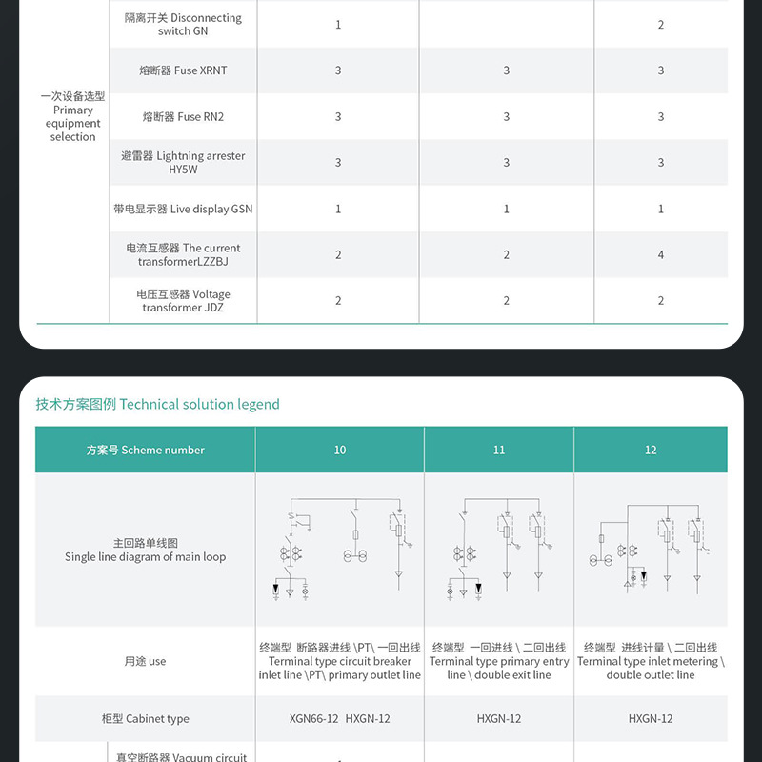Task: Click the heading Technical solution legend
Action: pyautogui.click(x=158, y=404)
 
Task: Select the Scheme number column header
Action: pyautogui.click(x=145, y=450)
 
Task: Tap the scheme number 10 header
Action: pyautogui.click(x=340, y=450)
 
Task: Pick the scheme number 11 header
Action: pyautogui.click(x=499, y=450)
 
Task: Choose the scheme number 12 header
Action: pyautogui.click(x=651, y=450)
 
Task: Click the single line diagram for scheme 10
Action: pyautogui.click(x=340, y=551)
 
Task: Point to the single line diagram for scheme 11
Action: pyautogui.click(x=499, y=551)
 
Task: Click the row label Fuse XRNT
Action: pyautogui.click(x=183, y=70)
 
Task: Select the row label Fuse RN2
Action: pyautogui.click(x=183, y=117)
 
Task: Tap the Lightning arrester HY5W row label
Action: pyautogui.click(x=183, y=163)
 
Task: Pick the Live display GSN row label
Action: pyautogui.click(x=183, y=209)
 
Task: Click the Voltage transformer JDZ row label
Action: pyautogui.click(x=183, y=301)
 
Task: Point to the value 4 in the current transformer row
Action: pyautogui.click(x=661, y=254)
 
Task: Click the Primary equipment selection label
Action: pyautogui.click(x=72, y=117)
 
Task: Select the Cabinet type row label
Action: pyautogui.click(x=145, y=719)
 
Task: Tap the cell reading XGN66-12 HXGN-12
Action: pyautogui.click(x=340, y=719)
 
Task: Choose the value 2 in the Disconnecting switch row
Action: pyautogui.click(x=661, y=25)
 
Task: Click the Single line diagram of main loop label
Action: pyautogui.click(x=145, y=551)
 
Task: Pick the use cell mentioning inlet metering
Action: pyautogui.click(x=651, y=661)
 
